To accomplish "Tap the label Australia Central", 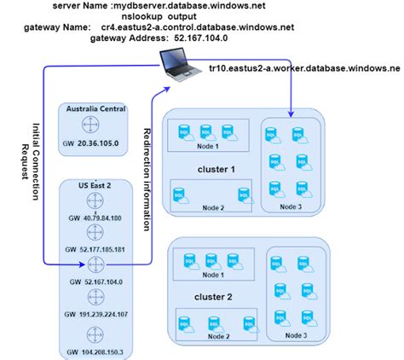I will tap(95, 109).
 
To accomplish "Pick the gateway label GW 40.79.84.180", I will tap(95, 218).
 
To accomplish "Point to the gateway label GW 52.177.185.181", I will tap(95, 250).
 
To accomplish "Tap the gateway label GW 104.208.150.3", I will tap(95, 351).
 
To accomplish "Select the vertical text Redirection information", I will tap(147, 180).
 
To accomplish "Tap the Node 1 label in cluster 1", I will tap(209, 146).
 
